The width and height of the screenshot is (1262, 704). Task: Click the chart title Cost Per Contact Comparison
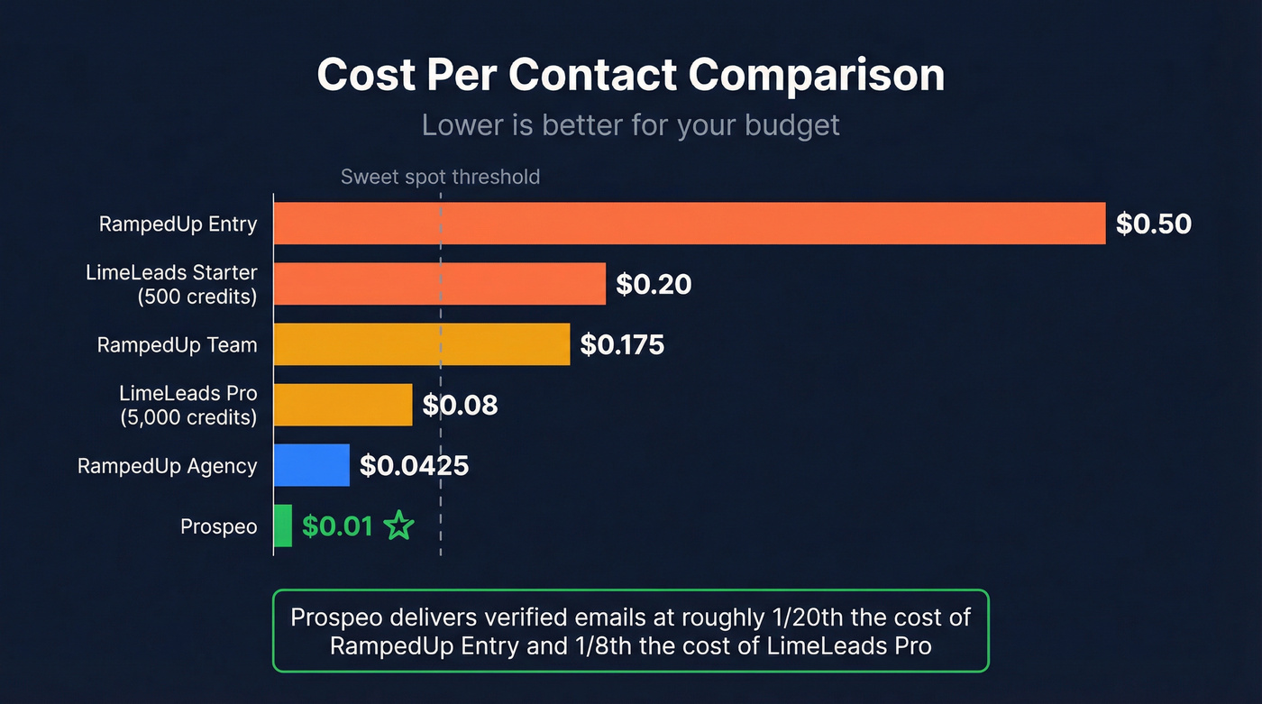coord(631,76)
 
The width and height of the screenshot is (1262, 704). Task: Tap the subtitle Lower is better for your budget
coord(631,125)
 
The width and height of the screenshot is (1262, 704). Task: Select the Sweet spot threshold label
coord(440,177)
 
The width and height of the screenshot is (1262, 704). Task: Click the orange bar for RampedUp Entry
coord(689,224)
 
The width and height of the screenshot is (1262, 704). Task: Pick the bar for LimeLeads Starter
coord(439,284)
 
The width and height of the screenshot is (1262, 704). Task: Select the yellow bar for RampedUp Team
coord(421,344)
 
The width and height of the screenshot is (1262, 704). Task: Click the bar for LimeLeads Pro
coord(343,405)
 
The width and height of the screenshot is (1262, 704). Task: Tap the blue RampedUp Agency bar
coord(311,465)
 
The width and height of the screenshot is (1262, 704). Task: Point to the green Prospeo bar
coord(283,526)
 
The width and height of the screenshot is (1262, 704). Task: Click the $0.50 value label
coord(1153,224)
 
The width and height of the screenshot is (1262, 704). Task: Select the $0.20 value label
coord(654,285)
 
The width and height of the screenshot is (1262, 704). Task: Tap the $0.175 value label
coord(622,345)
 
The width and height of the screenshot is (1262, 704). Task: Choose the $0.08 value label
coord(460,406)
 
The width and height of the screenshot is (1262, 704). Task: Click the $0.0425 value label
coord(414,466)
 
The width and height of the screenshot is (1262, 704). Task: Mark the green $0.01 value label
coord(337,526)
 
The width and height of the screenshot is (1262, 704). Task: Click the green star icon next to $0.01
coord(398,526)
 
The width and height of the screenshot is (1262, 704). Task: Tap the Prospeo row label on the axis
coord(218,526)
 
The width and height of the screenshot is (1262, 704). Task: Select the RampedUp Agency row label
coord(167,466)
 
